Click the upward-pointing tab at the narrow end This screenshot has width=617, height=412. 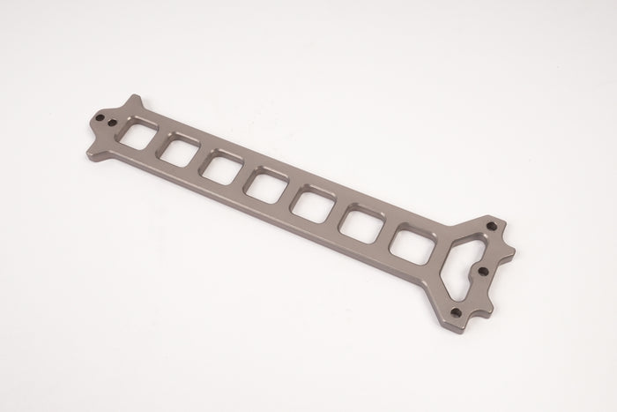click(135, 101)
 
